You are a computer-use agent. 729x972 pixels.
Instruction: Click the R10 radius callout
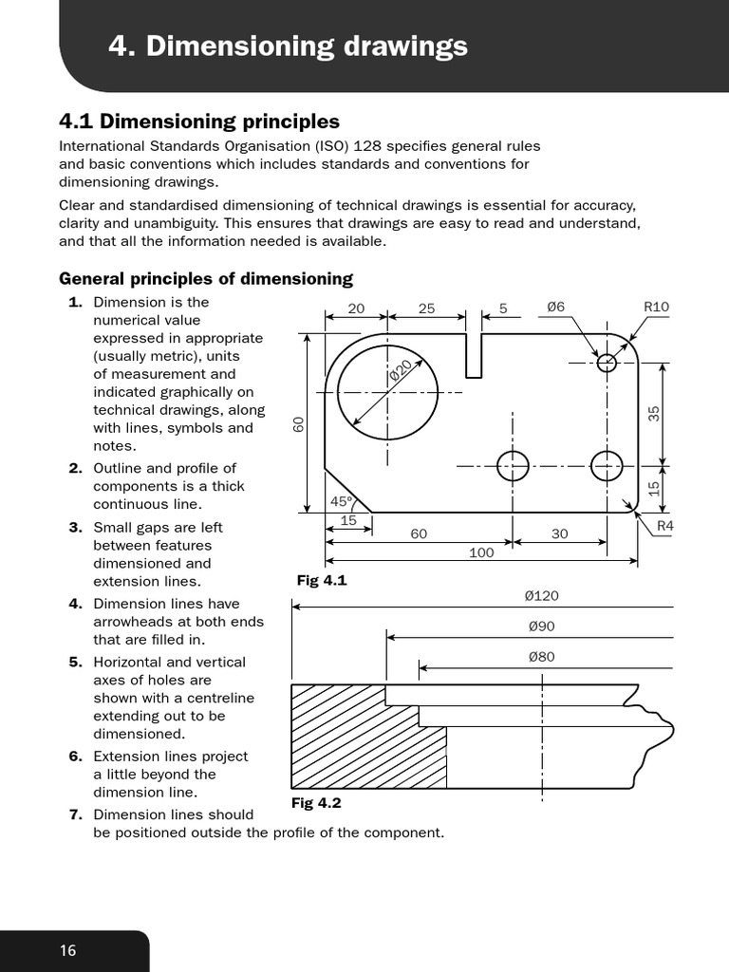click(656, 307)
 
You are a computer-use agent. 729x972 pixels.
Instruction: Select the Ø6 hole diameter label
click(555, 307)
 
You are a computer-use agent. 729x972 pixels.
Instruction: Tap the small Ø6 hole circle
click(607, 363)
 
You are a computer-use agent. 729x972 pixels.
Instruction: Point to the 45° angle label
click(340, 501)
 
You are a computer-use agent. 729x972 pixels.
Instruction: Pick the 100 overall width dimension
click(481, 552)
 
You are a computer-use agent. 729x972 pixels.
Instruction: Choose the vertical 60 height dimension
click(298, 424)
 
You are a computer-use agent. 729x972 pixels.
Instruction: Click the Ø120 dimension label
click(541, 596)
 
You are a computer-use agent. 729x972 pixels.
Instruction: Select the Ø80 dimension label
click(541, 657)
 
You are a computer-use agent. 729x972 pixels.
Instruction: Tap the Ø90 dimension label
click(541, 626)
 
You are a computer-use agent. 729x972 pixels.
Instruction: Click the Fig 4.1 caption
click(322, 579)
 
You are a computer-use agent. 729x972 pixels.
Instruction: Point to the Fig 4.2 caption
click(315, 803)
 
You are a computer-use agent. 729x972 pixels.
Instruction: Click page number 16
click(67, 951)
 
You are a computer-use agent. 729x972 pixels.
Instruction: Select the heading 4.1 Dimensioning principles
click(199, 121)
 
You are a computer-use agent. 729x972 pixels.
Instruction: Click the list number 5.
click(76, 662)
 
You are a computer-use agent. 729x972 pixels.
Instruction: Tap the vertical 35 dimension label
click(653, 413)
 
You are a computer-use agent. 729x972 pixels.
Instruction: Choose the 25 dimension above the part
click(426, 308)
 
